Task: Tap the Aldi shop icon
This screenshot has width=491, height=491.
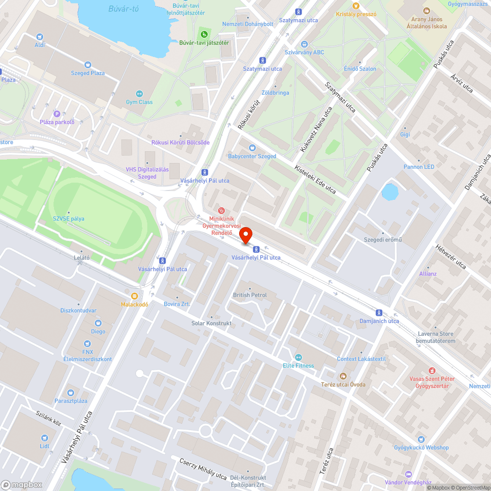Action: [x=40, y=37]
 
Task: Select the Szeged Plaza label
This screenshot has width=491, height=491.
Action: [x=87, y=73]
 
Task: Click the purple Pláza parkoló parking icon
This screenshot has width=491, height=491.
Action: [x=56, y=113]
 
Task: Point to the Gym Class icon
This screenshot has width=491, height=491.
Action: [x=139, y=94]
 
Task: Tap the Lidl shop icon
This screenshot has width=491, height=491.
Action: [x=45, y=437]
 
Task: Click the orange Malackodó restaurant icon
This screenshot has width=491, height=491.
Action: [x=135, y=296]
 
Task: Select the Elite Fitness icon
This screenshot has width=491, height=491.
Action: [x=298, y=357]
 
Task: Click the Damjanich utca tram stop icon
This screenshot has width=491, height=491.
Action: [x=379, y=312]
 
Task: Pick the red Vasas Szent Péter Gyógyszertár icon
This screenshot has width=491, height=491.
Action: [x=432, y=370]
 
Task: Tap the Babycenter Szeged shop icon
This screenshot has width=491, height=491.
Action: [x=252, y=148]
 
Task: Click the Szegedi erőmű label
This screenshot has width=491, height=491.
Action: [x=383, y=240]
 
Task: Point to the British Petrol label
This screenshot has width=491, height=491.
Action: [x=250, y=295]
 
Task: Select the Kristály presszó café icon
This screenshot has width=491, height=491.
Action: [x=356, y=6]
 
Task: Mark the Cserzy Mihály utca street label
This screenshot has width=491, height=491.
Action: [x=203, y=468]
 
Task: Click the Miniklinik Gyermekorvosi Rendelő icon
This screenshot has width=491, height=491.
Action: [x=221, y=211]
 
